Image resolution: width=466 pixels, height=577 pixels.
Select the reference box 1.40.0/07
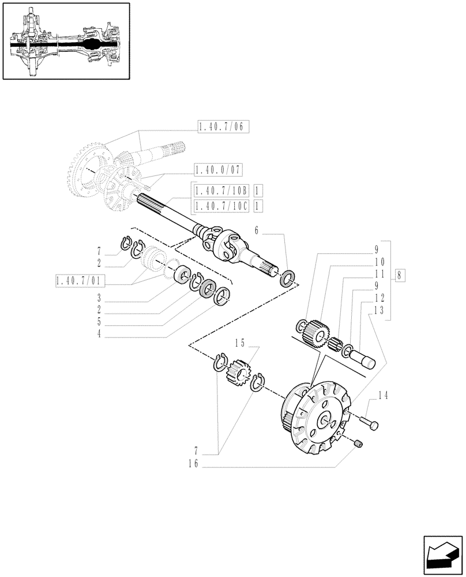point(219,170)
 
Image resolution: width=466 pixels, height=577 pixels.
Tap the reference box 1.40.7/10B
point(221,190)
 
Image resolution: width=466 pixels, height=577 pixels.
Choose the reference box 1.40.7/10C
point(221,205)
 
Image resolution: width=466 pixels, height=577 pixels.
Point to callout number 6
point(257,230)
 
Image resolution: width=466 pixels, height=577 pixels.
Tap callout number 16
point(193,463)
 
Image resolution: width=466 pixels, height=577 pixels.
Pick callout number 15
point(240,343)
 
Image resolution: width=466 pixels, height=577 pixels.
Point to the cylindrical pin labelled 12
point(363,358)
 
